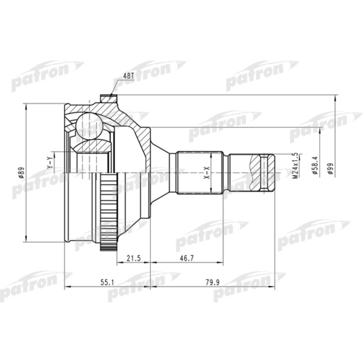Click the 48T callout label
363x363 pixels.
(128, 76)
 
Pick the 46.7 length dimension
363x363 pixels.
(187, 258)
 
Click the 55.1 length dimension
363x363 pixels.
(107, 283)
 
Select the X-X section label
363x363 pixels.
(206, 172)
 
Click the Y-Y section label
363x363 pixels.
(49, 163)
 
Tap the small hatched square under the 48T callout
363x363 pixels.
(107, 97)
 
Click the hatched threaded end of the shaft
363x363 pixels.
(268, 172)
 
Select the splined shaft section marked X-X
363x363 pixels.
(200, 172)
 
